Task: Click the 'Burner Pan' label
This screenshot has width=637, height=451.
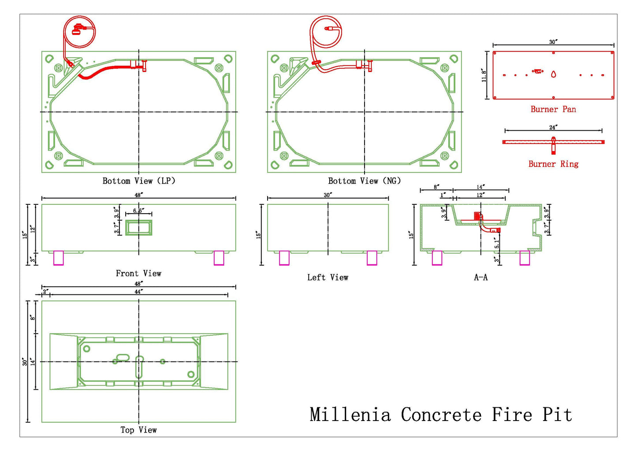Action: point(553,109)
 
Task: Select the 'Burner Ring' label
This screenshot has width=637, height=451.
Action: point(553,164)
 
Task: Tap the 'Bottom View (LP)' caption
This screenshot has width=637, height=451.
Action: point(139,181)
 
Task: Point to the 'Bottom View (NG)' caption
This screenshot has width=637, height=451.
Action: point(364,181)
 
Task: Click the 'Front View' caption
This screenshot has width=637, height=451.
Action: point(138,273)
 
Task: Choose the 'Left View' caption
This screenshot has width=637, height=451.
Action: point(328,277)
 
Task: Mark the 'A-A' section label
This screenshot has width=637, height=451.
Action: point(481,277)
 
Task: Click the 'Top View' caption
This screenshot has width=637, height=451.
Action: point(138,430)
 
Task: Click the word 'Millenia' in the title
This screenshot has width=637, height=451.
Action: point(350,414)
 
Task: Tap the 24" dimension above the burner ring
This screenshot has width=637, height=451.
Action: point(553,127)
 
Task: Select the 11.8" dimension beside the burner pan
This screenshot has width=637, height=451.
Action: point(484,75)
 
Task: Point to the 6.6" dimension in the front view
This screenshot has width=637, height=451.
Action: point(138,210)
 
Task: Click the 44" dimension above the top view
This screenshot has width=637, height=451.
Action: point(138,291)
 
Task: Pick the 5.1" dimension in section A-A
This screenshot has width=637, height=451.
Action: point(496,243)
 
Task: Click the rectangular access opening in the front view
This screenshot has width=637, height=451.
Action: point(139,228)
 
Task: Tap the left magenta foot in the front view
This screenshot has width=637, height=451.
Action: point(59,258)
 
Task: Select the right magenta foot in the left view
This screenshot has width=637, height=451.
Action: point(372,258)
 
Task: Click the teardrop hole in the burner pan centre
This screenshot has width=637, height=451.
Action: point(553,74)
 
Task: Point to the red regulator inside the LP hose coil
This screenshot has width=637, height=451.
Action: point(78,30)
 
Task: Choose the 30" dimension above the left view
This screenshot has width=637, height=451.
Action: point(328,195)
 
